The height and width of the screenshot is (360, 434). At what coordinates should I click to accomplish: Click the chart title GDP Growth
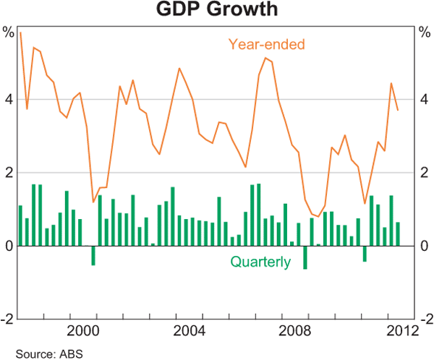pyautogui.click(x=216, y=10)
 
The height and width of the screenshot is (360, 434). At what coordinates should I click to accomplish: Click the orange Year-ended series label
pyautogui.click(x=267, y=44)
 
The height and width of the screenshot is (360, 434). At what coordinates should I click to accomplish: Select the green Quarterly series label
pyautogui.click(x=260, y=262)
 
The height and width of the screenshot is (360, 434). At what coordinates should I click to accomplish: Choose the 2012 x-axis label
pyautogui.click(x=399, y=331)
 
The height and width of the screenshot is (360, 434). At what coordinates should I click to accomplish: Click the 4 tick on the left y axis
pyautogui.click(x=9, y=100)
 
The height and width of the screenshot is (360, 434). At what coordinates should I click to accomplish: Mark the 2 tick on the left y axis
pyautogui.click(x=9, y=173)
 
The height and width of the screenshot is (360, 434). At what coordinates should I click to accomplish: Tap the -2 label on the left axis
pyautogui.click(x=7, y=319)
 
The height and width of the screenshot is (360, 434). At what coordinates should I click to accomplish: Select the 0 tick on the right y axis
pyautogui.click(x=425, y=246)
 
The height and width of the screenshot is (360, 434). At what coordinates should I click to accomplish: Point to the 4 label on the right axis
pyautogui.click(x=425, y=100)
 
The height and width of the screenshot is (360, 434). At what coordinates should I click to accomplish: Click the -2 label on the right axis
pyautogui.click(x=426, y=319)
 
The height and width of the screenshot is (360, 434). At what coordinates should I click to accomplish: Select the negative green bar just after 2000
pyautogui.click(x=93, y=255)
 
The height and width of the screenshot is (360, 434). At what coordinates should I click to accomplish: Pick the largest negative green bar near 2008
pyautogui.click(x=305, y=257)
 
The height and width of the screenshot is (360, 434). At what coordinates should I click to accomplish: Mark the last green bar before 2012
pyautogui.click(x=397, y=233)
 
